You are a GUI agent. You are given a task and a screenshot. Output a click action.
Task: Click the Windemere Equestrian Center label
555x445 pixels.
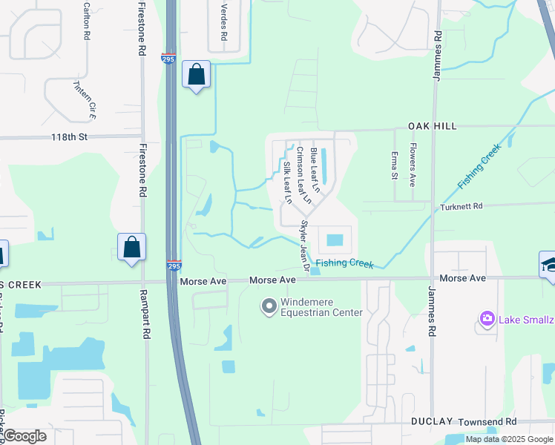321,307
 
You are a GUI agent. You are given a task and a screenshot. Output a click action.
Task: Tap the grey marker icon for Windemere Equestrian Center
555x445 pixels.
268,305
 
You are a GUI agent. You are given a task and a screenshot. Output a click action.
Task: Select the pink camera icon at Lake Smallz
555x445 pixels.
487,319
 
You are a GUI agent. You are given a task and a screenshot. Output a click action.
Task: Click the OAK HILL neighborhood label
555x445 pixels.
430,127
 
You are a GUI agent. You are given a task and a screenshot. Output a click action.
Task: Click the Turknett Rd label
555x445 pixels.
462,207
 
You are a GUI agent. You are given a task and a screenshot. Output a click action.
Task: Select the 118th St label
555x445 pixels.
70,137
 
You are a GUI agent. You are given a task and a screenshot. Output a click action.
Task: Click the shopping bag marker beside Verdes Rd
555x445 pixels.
196,75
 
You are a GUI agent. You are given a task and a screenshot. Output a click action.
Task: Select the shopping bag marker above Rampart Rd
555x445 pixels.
131,248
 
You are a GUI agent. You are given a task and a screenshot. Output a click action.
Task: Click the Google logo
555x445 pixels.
24,436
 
